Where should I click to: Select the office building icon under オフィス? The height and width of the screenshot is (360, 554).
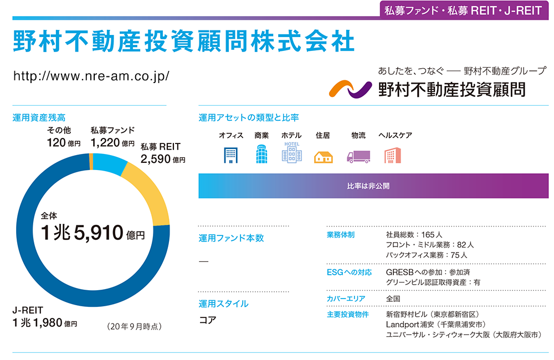pos(230,155)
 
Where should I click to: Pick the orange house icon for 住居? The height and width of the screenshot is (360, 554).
pos(323,157)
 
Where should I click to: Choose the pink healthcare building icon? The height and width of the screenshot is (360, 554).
pos(392,155)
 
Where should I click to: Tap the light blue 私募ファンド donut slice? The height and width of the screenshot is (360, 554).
pos(109,164)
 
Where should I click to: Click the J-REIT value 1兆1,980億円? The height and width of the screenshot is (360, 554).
pos(44,323)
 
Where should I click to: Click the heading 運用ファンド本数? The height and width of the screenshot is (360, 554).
pos(231,238)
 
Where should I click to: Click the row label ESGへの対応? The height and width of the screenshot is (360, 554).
pos(349,272)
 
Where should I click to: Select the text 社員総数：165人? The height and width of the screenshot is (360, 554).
pos(414,235)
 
